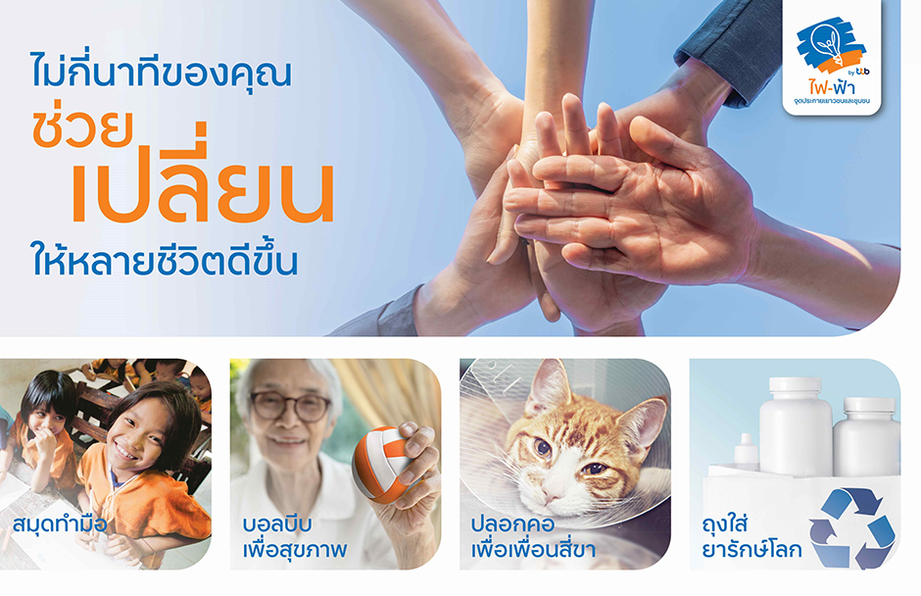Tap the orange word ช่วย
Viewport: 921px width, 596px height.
tap(83, 127)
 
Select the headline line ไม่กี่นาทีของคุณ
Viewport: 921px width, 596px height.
tap(161, 70)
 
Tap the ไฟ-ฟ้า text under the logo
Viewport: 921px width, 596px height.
tap(831, 87)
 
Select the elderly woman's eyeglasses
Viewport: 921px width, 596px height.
tap(290, 406)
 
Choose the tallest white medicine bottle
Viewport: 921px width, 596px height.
tap(796, 426)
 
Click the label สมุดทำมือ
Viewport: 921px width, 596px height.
tap(60, 523)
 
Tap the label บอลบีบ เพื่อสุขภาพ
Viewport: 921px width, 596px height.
tap(294, 536)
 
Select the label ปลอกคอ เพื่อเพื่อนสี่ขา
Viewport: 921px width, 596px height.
tap(533, 536)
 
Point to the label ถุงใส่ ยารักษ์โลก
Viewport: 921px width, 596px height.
tap(751, 536)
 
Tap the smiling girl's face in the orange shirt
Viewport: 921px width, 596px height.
tap(140, 434)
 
